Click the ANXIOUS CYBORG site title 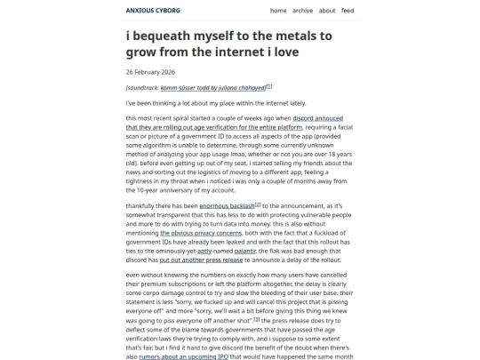(153, 11)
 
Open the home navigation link (278, 11)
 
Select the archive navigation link (302, 11)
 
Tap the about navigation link (327, 11)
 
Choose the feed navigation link (348, 11)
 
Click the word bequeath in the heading (175, 36)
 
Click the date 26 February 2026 (150, 71)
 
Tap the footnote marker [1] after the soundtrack (269, 86)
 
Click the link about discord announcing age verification (231, 123)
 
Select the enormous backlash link (227, 205)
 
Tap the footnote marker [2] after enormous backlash (258, 204)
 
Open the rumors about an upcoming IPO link (183, 356)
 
